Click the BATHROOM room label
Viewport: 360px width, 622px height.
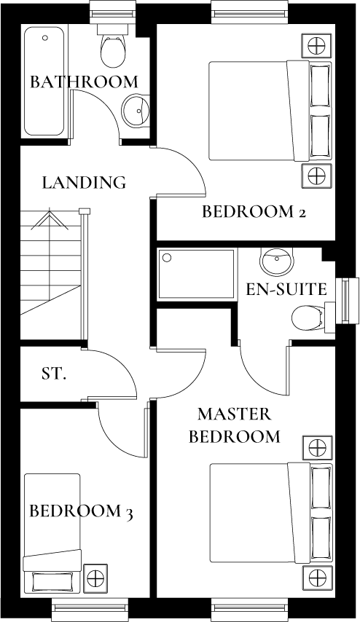coord(84,82)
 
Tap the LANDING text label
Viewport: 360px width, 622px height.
coord(84,182)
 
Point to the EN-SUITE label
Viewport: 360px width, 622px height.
coord(286,289)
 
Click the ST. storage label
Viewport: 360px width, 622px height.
coord(54,374)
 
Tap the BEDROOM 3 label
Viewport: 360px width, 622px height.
coord(81,511)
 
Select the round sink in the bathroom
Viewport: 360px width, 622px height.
coord(136,110)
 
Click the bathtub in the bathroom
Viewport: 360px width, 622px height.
coord(44,80)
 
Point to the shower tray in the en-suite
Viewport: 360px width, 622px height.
coord(197,274)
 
